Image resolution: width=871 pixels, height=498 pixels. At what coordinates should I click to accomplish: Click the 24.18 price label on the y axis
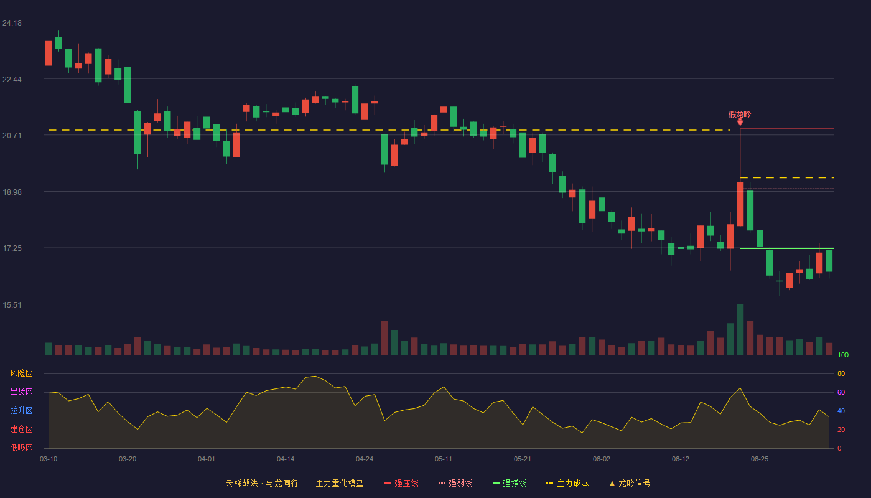pos(12,23)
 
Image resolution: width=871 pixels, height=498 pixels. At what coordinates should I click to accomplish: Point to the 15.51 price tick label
pos(12,304)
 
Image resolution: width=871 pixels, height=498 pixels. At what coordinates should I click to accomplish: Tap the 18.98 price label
pos(12,192)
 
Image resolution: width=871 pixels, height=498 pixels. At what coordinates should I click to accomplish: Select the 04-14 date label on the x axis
pos(286,459)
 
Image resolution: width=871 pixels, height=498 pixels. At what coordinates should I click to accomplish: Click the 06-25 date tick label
pos(760,459)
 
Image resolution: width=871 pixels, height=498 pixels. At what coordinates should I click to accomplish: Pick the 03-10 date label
pos(49,459)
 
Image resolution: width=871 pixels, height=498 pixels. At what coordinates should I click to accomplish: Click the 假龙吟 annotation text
pos(740,115)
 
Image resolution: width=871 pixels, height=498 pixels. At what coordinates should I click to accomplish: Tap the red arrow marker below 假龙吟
pos(740,123)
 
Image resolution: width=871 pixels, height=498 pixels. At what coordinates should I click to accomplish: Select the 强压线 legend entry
pos(401,483)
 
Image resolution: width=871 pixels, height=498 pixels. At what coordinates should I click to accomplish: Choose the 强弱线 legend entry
pos(455,483)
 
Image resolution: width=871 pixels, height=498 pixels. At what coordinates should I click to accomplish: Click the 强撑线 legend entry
pos(510,483)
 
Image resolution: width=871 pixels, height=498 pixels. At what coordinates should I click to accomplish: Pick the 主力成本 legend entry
pos(567,483)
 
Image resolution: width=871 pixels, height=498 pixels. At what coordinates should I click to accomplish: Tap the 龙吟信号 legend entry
pos(630,483)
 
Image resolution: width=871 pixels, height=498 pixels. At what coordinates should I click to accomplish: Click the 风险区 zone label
pos(21,374)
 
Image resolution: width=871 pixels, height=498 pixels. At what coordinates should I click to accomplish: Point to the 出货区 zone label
pos(21,392)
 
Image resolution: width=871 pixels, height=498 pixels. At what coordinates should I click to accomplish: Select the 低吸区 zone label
pos(21,448)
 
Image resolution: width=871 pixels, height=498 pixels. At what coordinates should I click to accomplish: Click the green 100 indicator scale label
pos(843,355)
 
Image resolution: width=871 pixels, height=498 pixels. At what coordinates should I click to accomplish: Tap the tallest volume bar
pos(740,329)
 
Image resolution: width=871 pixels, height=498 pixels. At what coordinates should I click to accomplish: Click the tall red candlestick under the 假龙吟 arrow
pos(740,204)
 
